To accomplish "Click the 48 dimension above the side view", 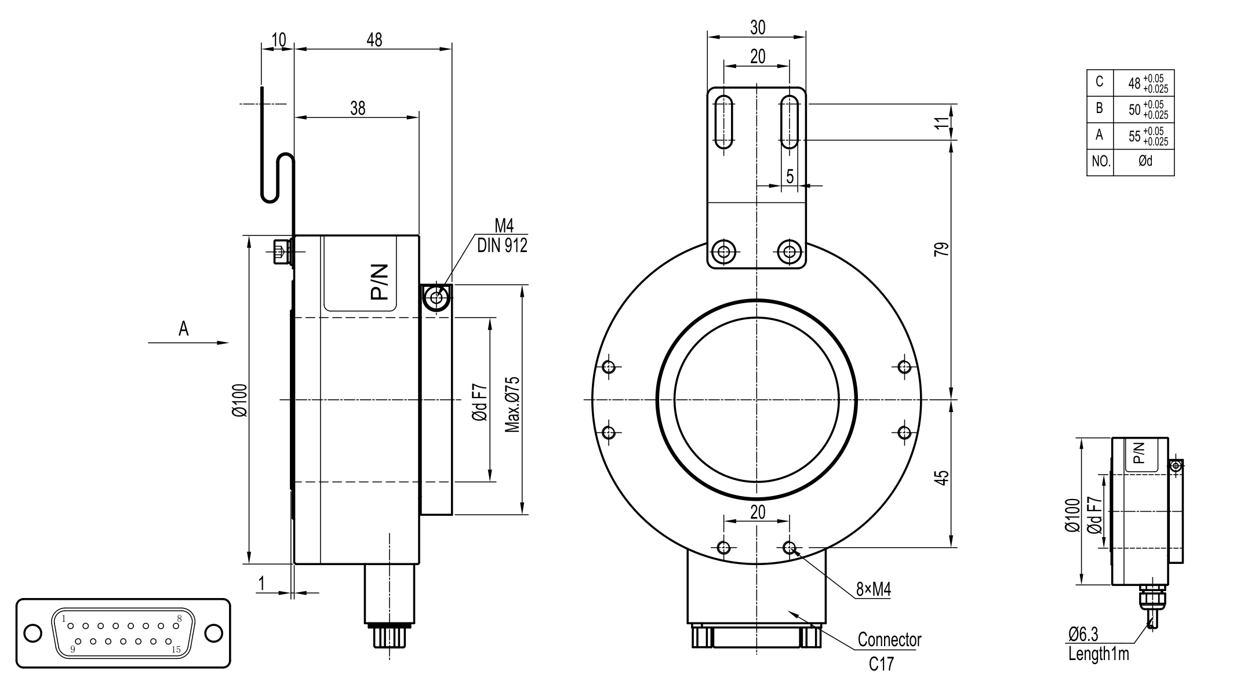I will pos(374,39).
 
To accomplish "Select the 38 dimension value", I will pos(358,108).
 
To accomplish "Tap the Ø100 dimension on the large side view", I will pos(240,400).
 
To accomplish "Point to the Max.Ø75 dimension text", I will pos(512,404).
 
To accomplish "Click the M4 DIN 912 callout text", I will pos(503,236).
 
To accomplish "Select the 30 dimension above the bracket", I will pos(758,27).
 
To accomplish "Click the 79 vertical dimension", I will pos(943,249).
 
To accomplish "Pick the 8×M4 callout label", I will pos(874,590).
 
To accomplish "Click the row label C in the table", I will pos(1100,82).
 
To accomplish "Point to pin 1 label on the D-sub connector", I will pos(64,617).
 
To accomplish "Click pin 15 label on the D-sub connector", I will pos(176,650).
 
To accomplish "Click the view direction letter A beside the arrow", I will pos(183,329).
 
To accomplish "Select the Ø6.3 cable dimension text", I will pos(1083,635).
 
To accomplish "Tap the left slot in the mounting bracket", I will pos(723,123).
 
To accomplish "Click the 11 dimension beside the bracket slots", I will pos(943,122).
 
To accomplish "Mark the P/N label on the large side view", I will pos(379,282).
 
